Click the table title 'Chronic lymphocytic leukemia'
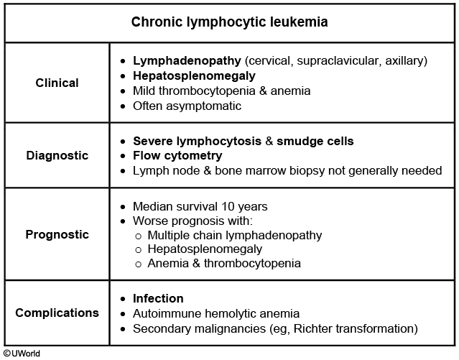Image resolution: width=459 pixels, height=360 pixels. [x=229, y=22]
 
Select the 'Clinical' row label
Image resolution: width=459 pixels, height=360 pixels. [x=57, y=83]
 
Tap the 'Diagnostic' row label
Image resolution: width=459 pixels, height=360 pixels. [x=57, y=155]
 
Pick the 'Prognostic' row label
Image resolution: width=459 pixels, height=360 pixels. [x=57, y=234]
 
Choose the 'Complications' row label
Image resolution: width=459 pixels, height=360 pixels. [x=57, y=313]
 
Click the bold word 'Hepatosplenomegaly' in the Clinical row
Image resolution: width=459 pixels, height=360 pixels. [x=194, y=75]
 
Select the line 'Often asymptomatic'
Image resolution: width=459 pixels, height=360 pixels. [x=187, y=106]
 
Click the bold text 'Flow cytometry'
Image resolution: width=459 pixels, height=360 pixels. [x=177, y=155]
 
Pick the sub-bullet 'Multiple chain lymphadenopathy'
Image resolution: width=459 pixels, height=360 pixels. [x=234, y=235]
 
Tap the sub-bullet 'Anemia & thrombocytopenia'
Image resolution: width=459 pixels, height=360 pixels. [x=223, y=264]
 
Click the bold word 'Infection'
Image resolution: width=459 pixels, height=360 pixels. [x=158, y=298]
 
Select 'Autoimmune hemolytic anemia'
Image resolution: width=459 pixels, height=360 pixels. [x=216, y=313]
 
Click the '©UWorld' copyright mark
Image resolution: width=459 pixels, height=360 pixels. [x=22, y=353]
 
